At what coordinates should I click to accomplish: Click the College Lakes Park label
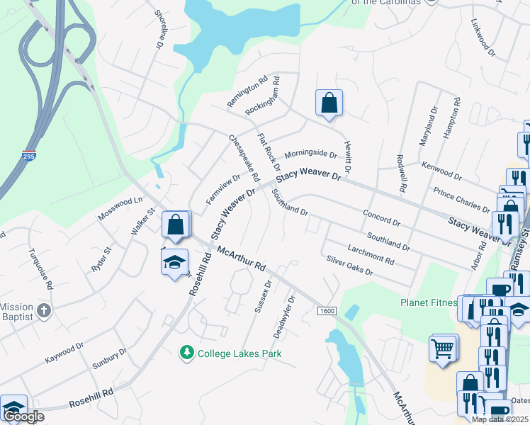click(x=239, y=353)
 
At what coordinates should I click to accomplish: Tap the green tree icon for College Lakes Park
click(x=187, y=353)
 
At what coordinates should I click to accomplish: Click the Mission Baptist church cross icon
click(x=43, y=310)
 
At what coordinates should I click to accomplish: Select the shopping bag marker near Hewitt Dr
click(x=329, y=103)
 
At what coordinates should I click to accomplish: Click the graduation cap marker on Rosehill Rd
click(x=174, y=263)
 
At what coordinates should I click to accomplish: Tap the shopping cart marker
click(x=443, y=348)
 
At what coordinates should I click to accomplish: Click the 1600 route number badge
click(x=327, y=311)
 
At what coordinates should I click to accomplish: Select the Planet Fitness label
click(x=428, y=302)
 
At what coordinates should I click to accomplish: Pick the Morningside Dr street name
click(x=310, y=154)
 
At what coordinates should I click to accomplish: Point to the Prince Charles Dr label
click(x=461, y=200)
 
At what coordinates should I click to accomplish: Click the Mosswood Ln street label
click(x=120, y=208)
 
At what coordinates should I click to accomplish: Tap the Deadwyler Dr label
click(x=283, y=316)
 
